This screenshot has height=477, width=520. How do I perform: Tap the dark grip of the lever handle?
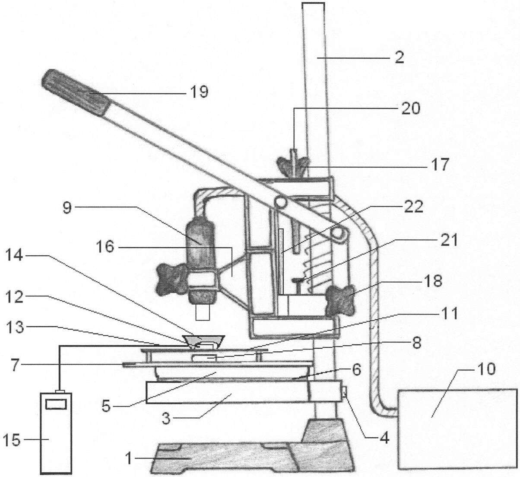click(x=77, y=92)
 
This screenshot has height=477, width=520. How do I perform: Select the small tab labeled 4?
click(x=344, y=392)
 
